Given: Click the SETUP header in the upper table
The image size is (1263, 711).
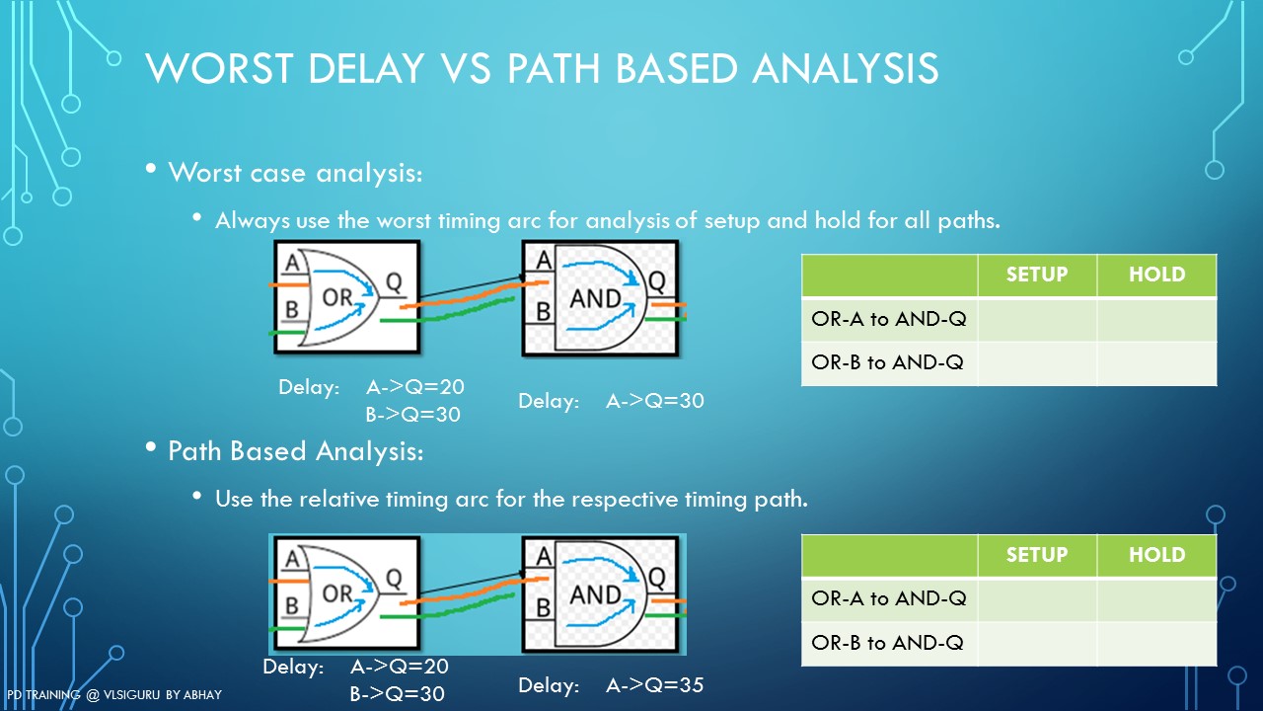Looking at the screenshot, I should [x=1036, y=275].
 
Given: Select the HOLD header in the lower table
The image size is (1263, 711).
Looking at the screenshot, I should [x=1156, y=555].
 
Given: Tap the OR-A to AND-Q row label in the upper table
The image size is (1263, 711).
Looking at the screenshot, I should [x=888, y=319].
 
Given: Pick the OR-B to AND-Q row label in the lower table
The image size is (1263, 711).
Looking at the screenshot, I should [x=888, y=643].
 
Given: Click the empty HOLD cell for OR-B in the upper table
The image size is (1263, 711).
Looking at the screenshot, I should [x=1156, y=362].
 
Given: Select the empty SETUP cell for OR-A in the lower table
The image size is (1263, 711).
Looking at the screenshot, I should [x=1036, y=598].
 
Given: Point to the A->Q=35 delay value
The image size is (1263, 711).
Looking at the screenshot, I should [x=654, y=684].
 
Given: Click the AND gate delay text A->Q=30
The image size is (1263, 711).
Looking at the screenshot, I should [x=654, y=401].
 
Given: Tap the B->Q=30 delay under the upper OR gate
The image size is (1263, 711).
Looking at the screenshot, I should [x=412, y=415].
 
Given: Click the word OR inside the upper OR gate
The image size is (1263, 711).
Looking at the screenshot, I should [x=337, y=296].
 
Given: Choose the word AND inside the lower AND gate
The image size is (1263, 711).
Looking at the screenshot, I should [x=595, y=595].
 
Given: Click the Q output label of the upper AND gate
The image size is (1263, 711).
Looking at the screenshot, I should [x=656, y=279].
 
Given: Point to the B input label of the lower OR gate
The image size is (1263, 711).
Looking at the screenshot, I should [x=291, y=605].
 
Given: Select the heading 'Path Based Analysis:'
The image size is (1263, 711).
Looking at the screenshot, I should [x=295, y=451].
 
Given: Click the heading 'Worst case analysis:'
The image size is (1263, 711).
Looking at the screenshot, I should [x=295, y=173].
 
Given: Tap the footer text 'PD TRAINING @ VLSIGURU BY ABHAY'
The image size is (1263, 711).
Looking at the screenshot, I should [x=113, y=695].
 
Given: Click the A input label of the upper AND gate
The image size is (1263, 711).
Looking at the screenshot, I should [x=542, y=260].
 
